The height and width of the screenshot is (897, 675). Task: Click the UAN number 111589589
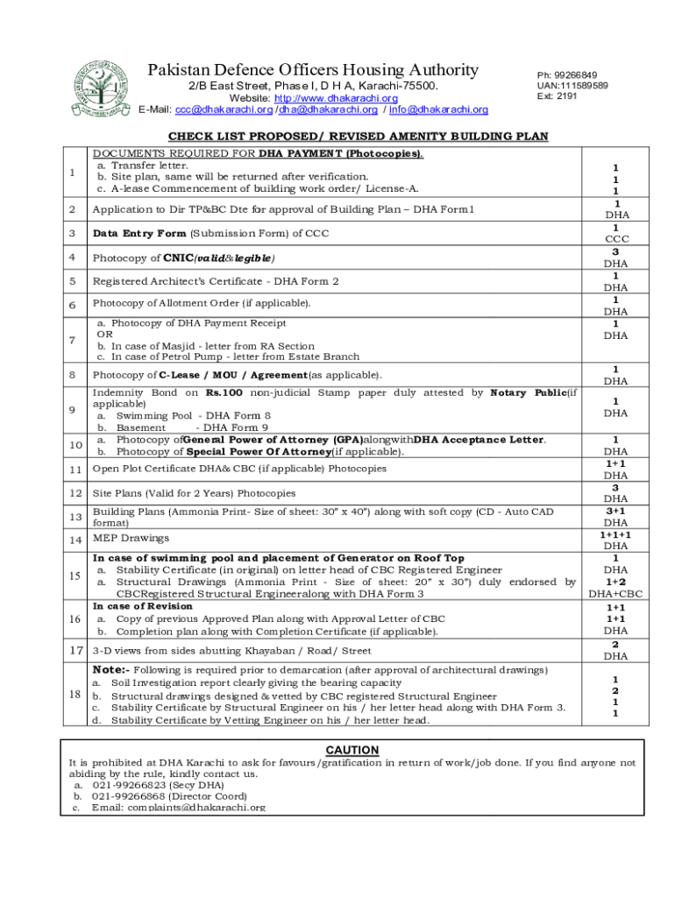585,86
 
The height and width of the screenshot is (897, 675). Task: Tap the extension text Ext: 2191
557,96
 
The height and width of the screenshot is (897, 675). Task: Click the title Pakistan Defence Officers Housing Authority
313,70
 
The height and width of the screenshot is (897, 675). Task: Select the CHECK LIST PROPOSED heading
358,136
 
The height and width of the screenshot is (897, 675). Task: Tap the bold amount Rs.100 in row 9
227,393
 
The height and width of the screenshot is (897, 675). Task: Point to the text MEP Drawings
131,538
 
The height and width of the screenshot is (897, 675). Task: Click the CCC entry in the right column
616,239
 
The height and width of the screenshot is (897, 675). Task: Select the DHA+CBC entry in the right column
616,594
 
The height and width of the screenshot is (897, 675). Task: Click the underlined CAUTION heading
352,750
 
